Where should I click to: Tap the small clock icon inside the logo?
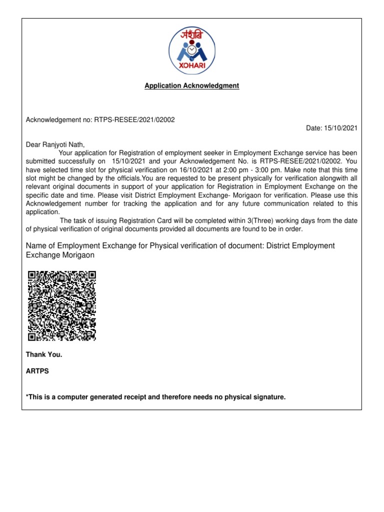(192, 50)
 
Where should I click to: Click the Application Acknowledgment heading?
(192, 86)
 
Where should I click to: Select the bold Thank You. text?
(44, 355)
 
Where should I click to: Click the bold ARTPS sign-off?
(37, 371)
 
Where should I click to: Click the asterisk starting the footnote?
(27, 396)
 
